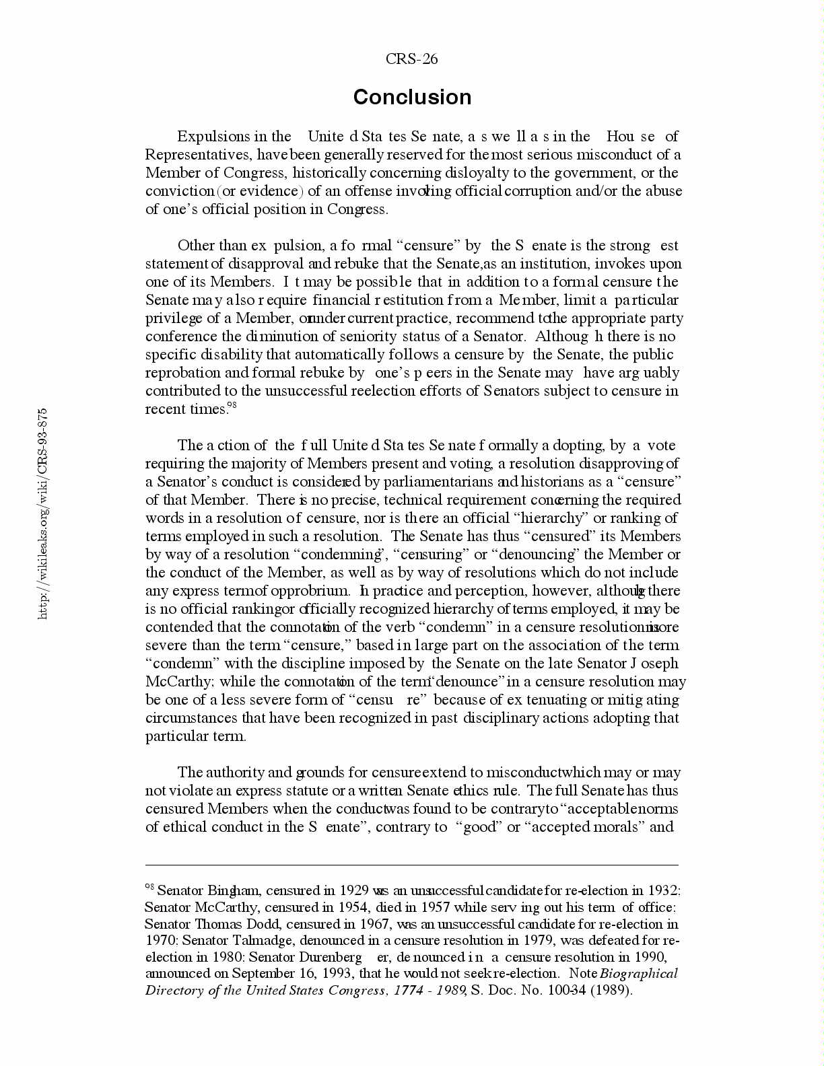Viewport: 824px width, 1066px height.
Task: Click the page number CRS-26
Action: (411, 59)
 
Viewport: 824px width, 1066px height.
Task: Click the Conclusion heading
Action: (412, 97)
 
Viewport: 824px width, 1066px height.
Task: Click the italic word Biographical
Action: (638, 973)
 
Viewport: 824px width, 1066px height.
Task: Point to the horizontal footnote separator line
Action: (412, 865)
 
